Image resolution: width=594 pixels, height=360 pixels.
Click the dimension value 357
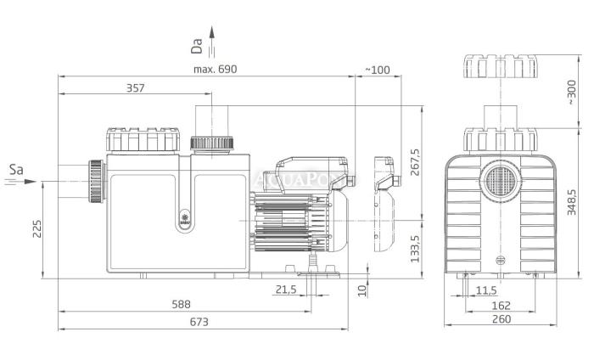pos(135,88)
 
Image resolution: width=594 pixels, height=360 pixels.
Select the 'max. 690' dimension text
pos(215,69)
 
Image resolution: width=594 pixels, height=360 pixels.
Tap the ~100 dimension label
pos(378,70)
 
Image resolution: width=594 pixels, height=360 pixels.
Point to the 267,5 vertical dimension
pos(416,162)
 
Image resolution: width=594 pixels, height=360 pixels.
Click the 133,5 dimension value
pos(416,249)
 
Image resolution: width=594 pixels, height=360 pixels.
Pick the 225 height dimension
pos(36,228)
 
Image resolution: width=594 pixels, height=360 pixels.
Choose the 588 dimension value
pos(181,304)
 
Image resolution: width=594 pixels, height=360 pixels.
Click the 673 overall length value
pos(199,322)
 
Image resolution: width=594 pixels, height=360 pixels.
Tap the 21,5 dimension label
pos(286,290)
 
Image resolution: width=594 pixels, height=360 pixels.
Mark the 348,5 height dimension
pos(572,202)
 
